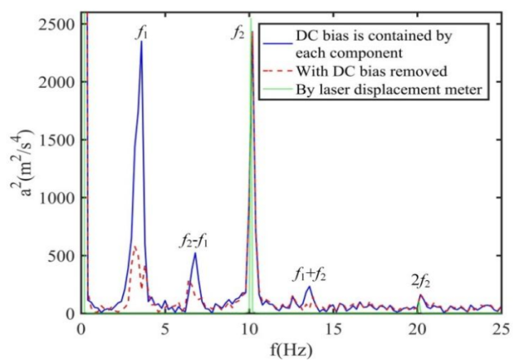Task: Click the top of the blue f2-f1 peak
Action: click(196, 253)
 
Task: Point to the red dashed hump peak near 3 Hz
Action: click(134, 246)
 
